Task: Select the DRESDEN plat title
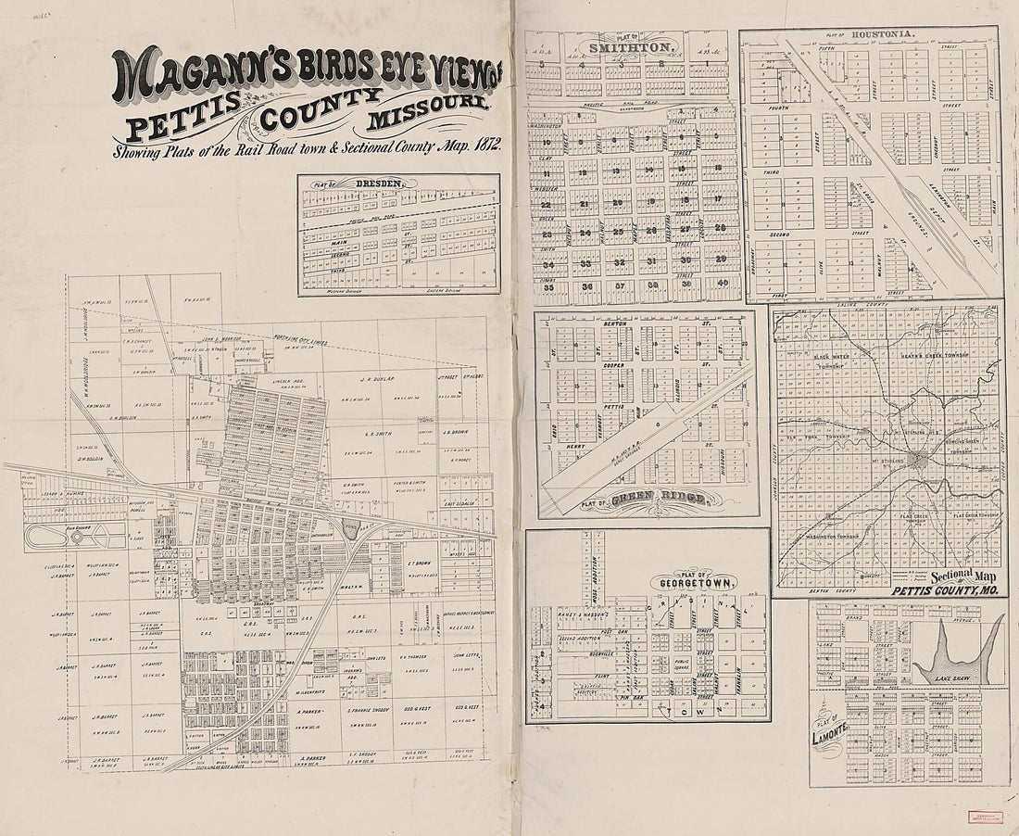pos(378,184)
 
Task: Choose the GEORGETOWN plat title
pos(694,583)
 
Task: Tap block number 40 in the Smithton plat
pos(722,285)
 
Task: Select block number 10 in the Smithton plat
pos(547,143)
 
